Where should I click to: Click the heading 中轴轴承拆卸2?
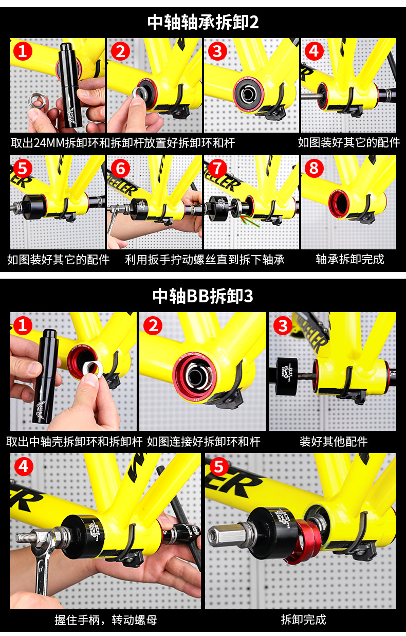pyautogui.click(x=203, y=22)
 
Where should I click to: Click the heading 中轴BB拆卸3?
pyautogui.click(x=203, y=296)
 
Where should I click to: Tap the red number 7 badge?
pyautogui.click(x=217, y=168)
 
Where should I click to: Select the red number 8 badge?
pyautogui.click(x=314, y=168)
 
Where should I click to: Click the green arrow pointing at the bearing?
pyautogui.click(x=249, y=221)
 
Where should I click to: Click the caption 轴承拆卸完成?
pyautogui.click(x=350, y=259)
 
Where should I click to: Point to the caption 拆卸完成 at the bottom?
pyautogui.click(x=304, y=619)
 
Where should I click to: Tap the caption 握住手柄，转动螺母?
pyautogui.click(x=106, y=620)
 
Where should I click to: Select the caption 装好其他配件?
pyautogui.click(x=334, y=442)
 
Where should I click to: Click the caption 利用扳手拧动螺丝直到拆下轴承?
pyautogui.click(x=205, y=259)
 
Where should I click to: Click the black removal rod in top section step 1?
pyautogui.click(x=70, y=85)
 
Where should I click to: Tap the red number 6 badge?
pyautogui.click(x=121, y=168)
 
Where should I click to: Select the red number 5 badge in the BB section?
pyautogui.click(x=219, y=467)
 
